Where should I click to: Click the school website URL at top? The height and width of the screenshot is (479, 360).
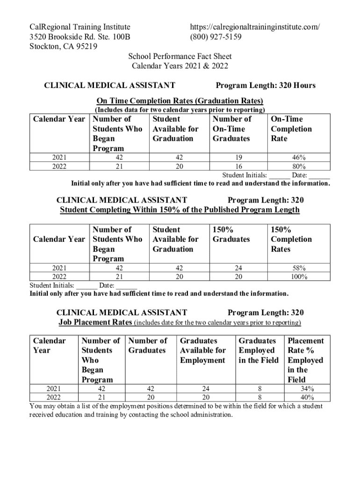255,27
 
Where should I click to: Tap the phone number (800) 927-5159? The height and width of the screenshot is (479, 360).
216,36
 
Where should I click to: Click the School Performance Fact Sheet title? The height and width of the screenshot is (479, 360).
180,57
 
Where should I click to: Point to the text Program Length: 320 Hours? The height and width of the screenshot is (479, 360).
266,85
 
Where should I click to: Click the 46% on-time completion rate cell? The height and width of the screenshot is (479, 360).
299,158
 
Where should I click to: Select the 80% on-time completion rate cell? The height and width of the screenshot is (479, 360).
299,167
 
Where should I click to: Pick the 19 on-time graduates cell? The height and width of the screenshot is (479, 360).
238,158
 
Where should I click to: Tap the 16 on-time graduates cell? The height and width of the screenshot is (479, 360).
238,167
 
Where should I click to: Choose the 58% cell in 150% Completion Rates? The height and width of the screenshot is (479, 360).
299,268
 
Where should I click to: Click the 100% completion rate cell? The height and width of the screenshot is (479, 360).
299,277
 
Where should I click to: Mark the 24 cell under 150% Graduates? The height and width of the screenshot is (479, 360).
238,268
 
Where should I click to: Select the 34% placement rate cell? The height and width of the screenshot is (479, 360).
307,389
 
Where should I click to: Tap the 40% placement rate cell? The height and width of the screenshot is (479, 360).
307,398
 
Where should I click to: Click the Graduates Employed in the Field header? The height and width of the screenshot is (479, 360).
259,350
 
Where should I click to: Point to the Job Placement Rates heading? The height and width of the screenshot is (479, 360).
95,323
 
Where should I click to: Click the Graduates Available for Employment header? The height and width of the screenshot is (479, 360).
203,350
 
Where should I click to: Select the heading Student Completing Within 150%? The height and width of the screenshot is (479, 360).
180,210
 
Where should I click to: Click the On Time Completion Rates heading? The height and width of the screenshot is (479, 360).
180,101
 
